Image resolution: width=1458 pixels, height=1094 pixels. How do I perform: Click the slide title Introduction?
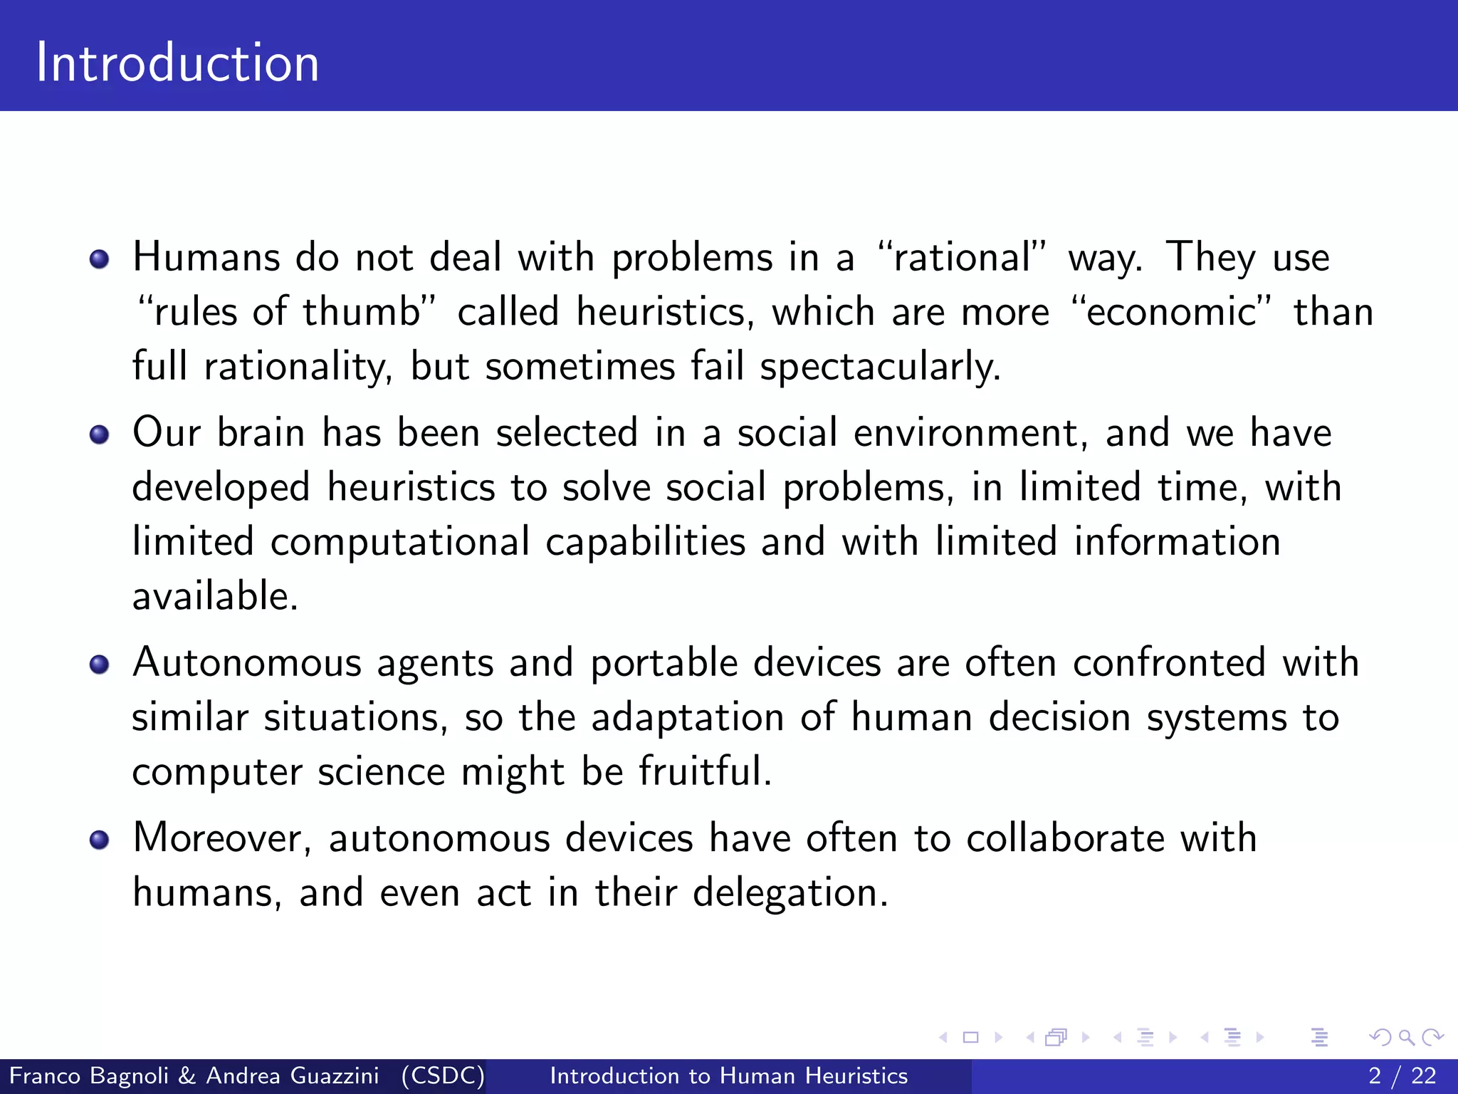coord(177,63)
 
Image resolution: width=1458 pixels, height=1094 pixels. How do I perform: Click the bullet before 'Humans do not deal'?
coord(100,259)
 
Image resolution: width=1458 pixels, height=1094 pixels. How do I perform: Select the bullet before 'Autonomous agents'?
coord(100,665)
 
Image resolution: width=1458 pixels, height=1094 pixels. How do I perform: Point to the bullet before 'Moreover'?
coord(100,840)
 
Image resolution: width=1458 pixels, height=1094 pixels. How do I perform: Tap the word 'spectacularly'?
coord(880,368)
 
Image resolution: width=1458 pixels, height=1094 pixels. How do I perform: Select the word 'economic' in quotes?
coord(1171,312)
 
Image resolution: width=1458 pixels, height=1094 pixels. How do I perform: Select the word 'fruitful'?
coord(704,772)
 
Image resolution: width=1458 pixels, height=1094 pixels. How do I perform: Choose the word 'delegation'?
coord(790,893)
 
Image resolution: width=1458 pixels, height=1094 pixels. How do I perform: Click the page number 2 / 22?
coord(1402,1075)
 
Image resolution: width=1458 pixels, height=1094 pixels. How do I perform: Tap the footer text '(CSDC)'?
coord(442,1075)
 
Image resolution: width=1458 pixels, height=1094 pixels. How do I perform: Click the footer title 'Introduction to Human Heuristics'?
coord(728,1075)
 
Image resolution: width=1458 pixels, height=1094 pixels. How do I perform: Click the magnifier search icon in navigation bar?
coord(1406,1038)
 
